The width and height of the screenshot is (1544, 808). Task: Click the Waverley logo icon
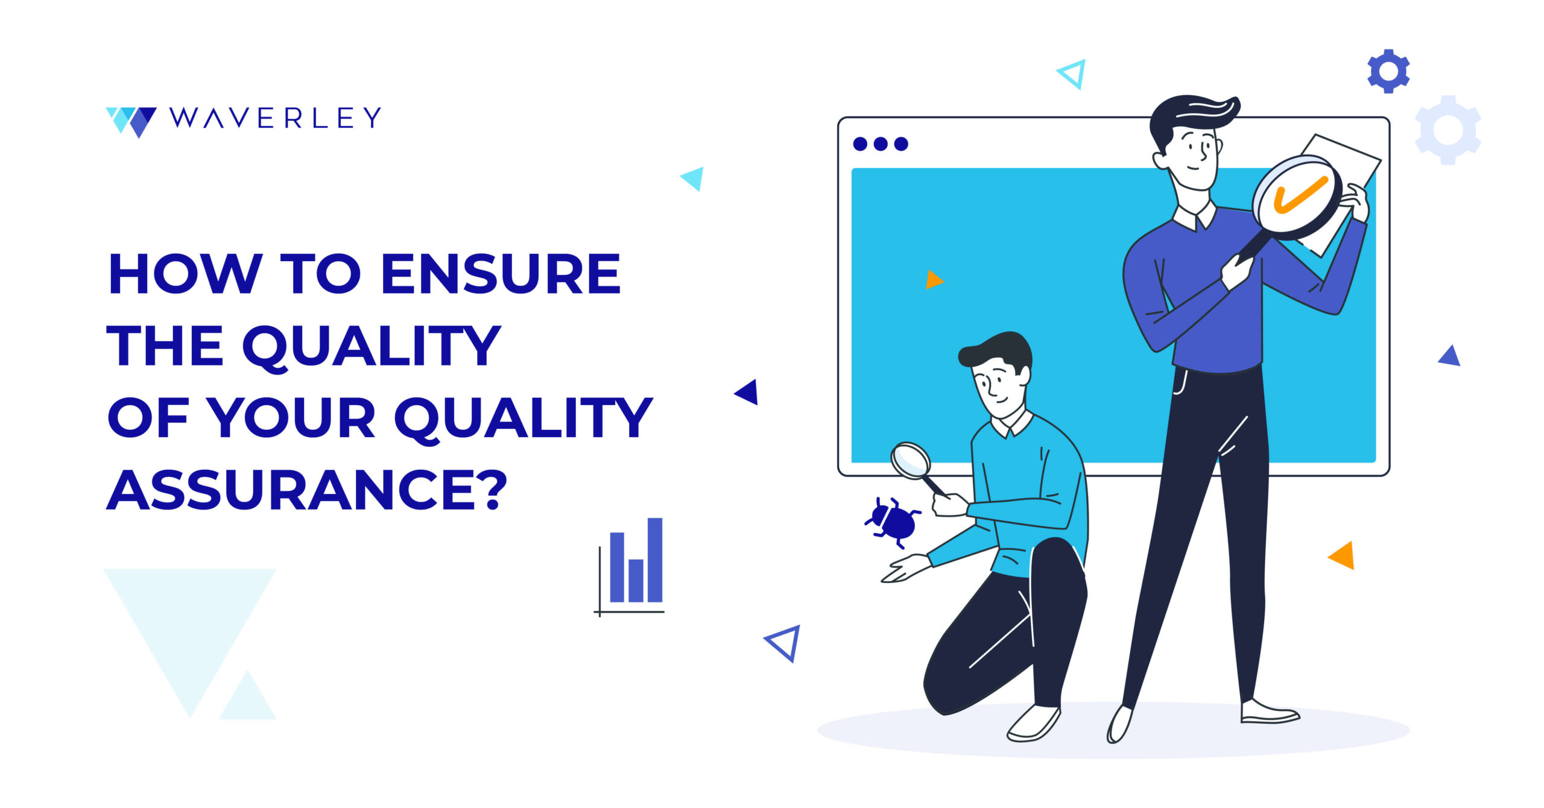131,121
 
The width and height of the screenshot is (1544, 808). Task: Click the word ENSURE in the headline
501,274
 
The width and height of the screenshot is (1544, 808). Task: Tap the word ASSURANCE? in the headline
307,490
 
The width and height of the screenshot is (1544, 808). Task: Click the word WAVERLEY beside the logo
275,118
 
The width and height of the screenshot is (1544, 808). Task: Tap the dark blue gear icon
1388,71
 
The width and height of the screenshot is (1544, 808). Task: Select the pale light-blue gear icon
1447,130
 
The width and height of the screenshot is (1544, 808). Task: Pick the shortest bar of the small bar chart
636,580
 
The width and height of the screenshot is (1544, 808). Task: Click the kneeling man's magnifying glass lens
911,461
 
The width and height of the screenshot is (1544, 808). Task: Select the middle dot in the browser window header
881,144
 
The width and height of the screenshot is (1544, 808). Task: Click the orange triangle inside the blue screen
933,280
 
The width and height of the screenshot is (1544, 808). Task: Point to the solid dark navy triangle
748,393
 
